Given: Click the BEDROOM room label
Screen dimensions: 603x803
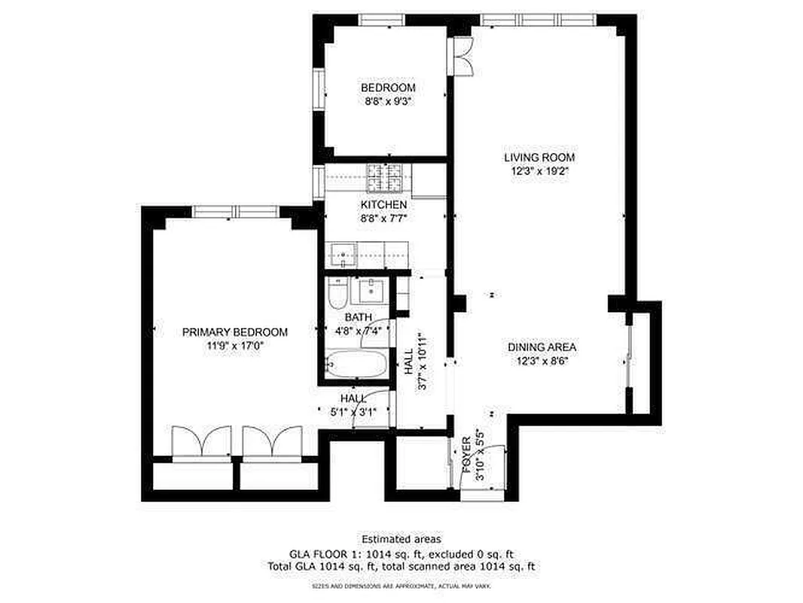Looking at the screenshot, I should coord(388,88).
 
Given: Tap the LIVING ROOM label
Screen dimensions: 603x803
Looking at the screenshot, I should coord(539,158).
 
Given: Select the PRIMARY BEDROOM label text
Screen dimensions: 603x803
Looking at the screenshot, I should coord(235,332).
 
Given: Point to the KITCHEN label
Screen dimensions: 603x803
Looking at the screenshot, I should coord(383,205).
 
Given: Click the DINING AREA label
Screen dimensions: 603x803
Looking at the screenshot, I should coord(542,347).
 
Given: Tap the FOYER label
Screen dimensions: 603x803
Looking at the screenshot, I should coord(467,450).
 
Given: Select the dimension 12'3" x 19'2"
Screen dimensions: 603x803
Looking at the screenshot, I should coord(539,171).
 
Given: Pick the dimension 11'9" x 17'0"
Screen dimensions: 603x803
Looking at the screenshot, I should coord(235,346).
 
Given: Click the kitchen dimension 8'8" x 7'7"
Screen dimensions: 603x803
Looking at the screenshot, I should coord(383,218).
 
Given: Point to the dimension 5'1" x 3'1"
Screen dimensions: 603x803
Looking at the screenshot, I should coord(354,412).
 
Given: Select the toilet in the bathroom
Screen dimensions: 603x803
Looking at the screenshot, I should coord(337,294).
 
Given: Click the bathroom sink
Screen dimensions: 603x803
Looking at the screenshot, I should coord(371,289).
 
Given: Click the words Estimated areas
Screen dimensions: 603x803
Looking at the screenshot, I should coord(401,539).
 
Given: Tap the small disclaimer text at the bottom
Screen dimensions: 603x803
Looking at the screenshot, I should coord(401,585).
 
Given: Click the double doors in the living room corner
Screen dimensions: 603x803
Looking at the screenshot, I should coord(458,57).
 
